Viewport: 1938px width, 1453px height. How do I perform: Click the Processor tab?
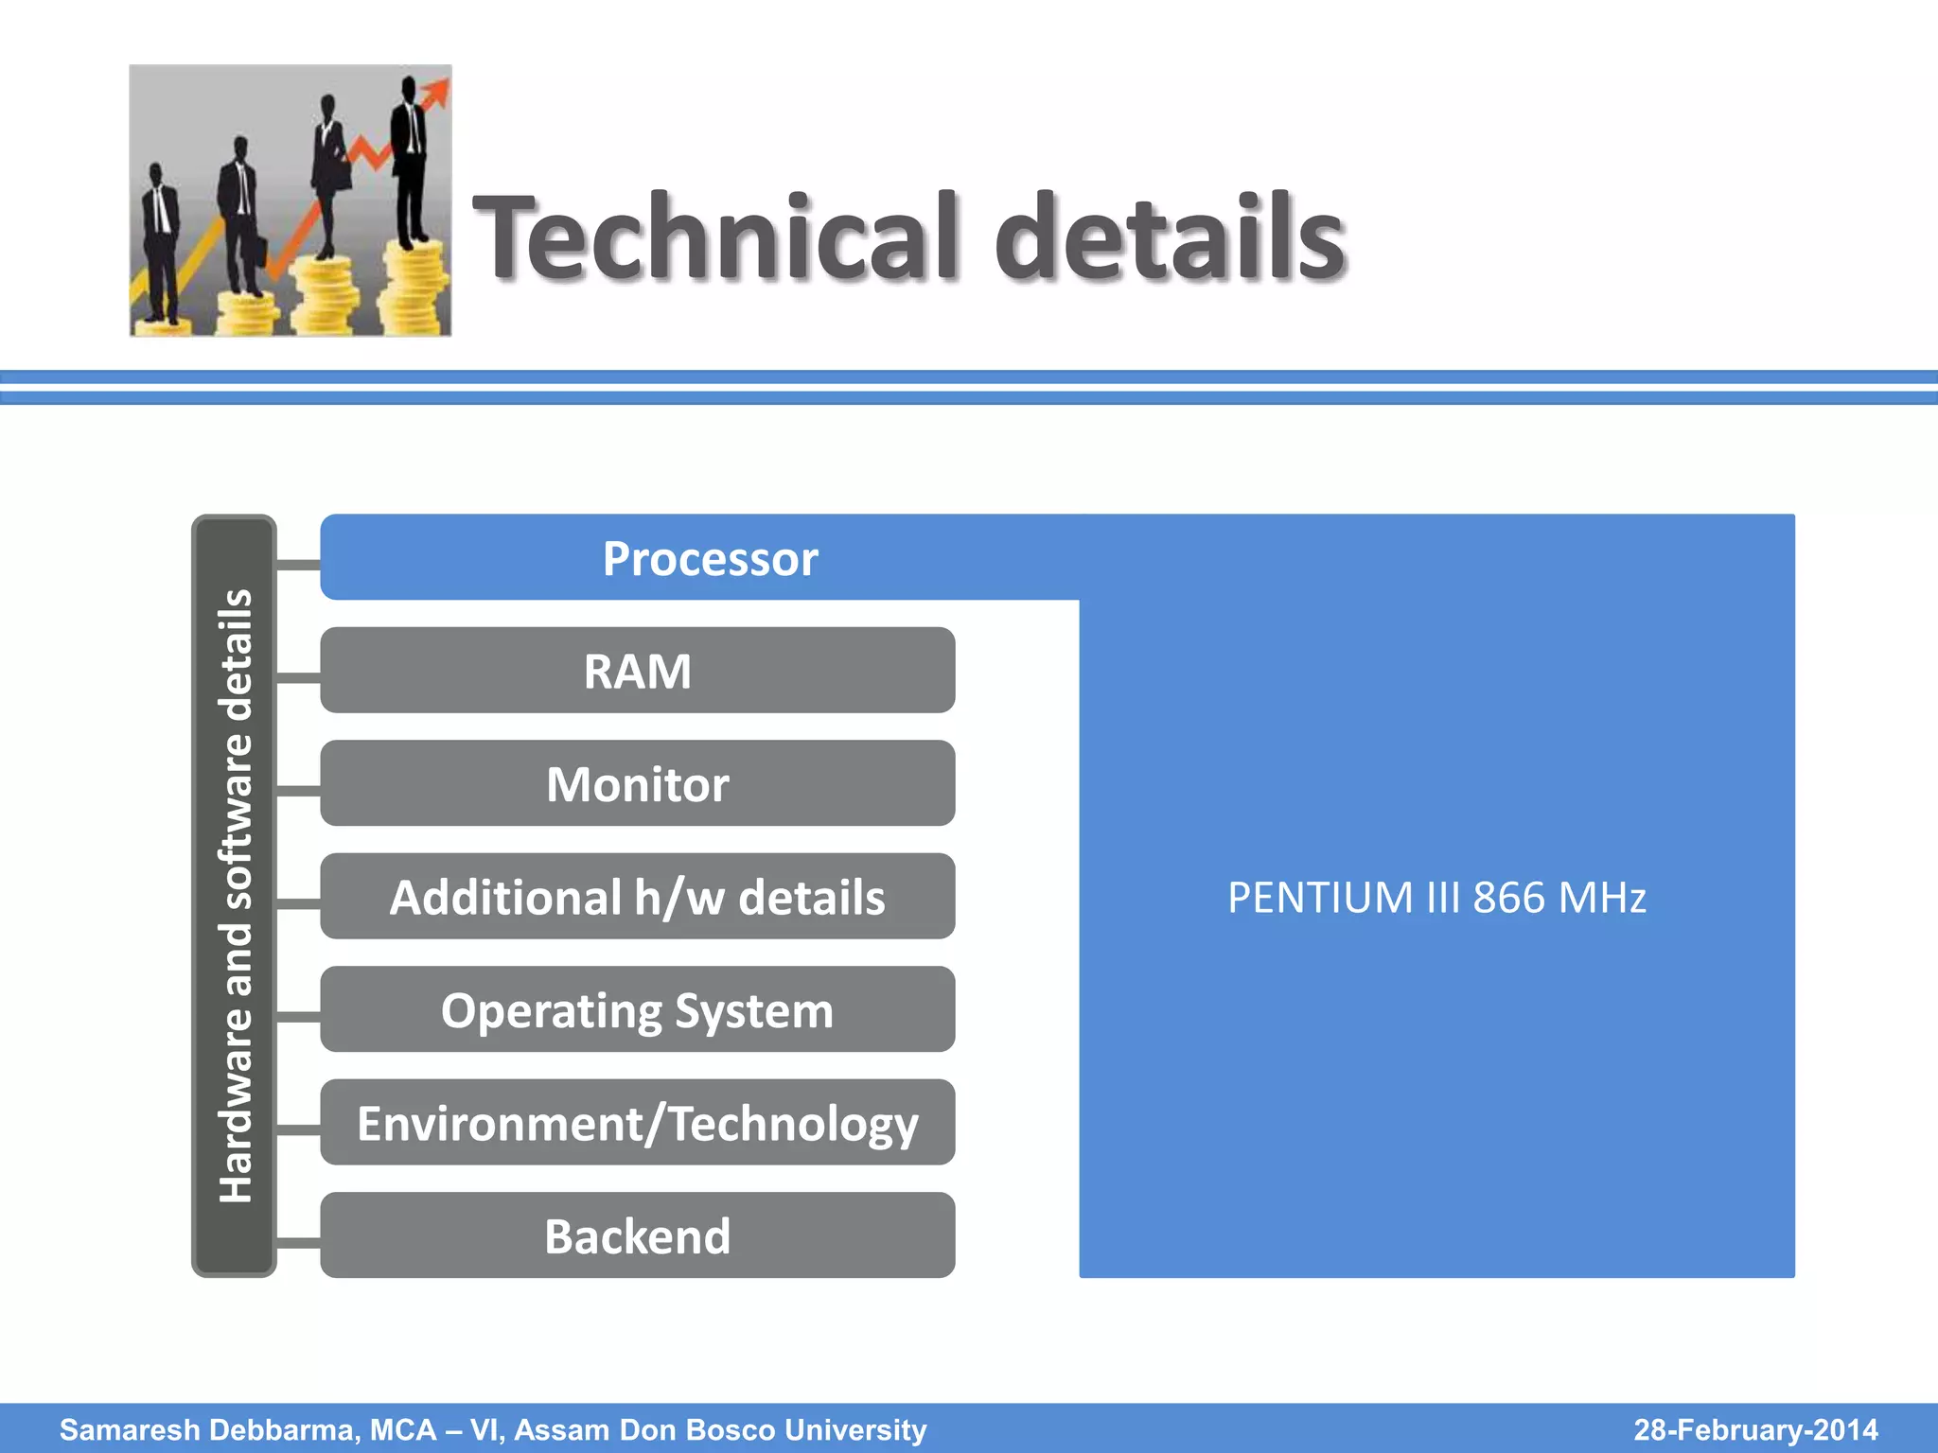(x=710, y=558)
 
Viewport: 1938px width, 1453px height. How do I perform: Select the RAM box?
(x=637, y=671)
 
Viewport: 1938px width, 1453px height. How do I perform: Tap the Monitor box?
(x=637, y=784)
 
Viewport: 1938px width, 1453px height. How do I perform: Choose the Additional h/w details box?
(x=637, y=897)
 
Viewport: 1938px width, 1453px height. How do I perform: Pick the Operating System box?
(x=637, y=1009)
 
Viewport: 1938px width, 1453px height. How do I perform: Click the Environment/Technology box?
(x=637, y=1123)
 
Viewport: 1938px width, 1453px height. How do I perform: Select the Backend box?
(x=637, y=1235)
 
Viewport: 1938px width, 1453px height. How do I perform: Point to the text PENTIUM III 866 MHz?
(x=1436, y=897)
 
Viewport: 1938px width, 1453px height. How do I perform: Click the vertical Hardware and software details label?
(x=235, y=895)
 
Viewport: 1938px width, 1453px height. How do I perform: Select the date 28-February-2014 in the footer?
(x=1755, y=1429)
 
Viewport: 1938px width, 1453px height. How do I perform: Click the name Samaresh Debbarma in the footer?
(x=209, y=1429)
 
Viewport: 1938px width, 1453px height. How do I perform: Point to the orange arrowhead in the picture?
(x=436, y=92)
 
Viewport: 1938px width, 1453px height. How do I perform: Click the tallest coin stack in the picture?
(x=414, y=289)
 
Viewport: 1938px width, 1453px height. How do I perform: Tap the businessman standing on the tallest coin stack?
(x=410, y=161)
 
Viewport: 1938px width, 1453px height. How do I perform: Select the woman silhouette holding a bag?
(x=329, y=175)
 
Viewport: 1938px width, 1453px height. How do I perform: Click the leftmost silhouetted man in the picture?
(x=159, y=246)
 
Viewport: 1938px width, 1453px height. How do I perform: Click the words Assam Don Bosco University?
(x=720, y=1429)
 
